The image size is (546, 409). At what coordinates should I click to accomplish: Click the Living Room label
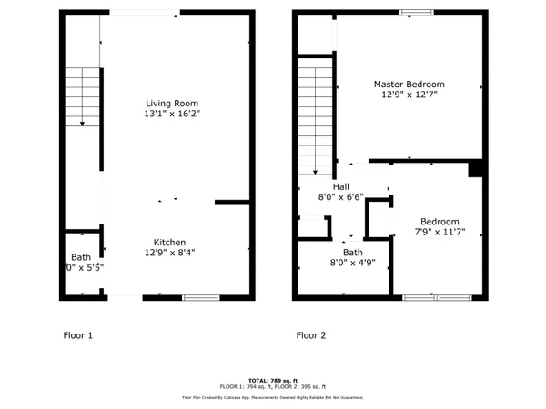click(x=171, y=104)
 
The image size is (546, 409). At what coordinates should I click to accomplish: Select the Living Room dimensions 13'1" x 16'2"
click(x=171, y=115)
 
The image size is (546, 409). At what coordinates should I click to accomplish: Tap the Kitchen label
click(x=169, y=242)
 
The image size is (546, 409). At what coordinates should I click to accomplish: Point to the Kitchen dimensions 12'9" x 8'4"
click(x=169, y=253)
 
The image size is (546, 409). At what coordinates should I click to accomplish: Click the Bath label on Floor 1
click(x=81, y=257)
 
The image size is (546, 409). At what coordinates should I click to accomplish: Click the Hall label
click(x=341, y=185)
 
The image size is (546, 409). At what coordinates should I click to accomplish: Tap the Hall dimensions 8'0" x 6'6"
click(x=341, y=196)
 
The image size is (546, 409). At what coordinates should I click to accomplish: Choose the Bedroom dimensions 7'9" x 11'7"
click(x=439, y=233)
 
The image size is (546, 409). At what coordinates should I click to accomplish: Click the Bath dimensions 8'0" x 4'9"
click(x=352, y=263)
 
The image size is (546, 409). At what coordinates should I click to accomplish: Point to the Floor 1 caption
click(x=77, y=335)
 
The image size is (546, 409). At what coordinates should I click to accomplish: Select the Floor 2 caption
click(x=310, y=335)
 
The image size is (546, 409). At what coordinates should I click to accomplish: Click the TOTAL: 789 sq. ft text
click(x=273, y=380)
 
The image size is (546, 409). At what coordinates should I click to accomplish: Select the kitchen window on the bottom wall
click(x=200, y=297)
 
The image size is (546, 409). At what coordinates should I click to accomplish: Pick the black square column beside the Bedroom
click(x=474, y=169)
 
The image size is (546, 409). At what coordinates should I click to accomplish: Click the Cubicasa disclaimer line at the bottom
click(x=273, y=397)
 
